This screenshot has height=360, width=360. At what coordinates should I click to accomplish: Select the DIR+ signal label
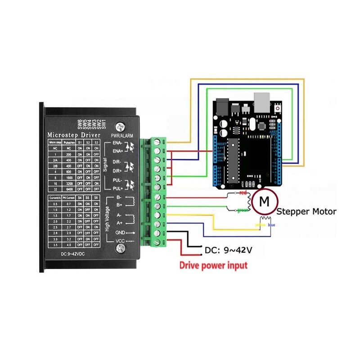(117, 171)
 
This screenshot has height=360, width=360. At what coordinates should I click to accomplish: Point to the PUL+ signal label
(117, 188)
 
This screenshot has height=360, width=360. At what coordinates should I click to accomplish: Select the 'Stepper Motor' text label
(306, 211)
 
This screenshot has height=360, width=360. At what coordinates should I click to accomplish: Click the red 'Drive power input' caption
(213, 265)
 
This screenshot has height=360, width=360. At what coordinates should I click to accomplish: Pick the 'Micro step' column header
(55, 143)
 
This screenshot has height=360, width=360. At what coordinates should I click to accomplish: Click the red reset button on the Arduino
(278, 108)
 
